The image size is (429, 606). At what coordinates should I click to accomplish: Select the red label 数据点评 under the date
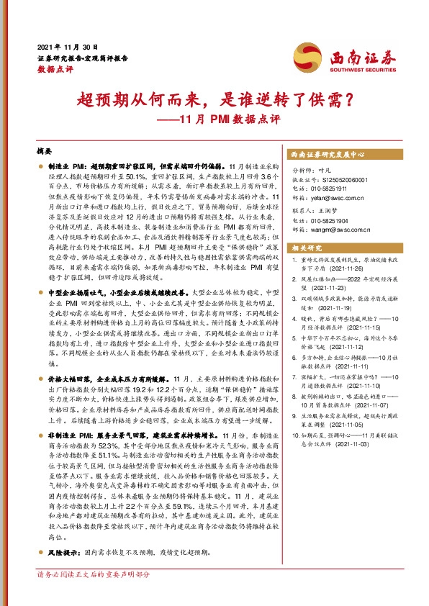[x=51, y=70]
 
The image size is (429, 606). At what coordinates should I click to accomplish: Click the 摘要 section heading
[x=44, y=152]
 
